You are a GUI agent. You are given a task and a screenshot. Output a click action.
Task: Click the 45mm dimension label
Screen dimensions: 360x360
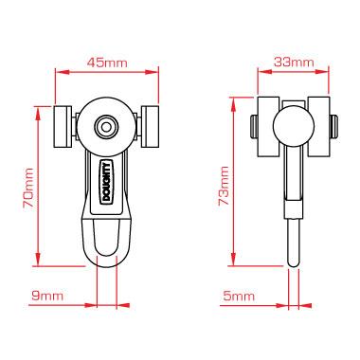pos(107,63)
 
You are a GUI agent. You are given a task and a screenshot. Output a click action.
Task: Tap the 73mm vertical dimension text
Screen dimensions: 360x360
pos(225,186)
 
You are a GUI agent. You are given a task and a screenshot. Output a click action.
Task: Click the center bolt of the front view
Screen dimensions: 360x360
pos(106,124)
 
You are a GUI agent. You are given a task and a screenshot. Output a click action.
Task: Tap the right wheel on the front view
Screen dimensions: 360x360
pos(151,126)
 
